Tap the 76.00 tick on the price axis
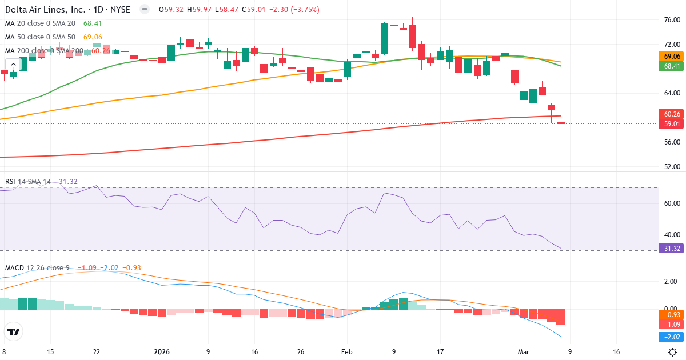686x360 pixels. pos(672,20)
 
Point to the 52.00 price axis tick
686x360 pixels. pos(672,167)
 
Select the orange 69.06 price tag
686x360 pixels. pos(672,57)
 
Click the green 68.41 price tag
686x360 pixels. pos(672,66)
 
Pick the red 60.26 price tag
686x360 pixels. pos(672,114)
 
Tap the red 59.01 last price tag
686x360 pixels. pos(672,123)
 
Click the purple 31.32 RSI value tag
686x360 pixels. pos(672,248)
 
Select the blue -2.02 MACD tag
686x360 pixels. pos(672,337)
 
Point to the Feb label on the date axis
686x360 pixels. pos(346,352)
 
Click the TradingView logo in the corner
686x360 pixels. pos(14,331)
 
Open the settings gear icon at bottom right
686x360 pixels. pos(673,352)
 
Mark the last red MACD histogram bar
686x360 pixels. pos(561,317)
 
